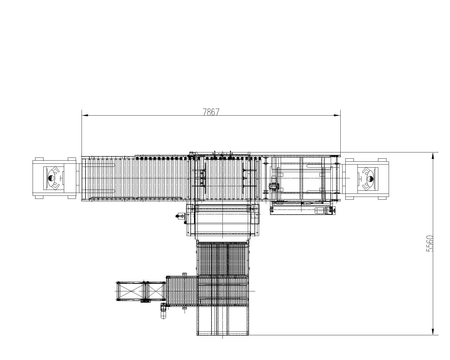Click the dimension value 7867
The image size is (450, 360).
tap(211, 112)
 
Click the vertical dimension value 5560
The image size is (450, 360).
tap(430, 244)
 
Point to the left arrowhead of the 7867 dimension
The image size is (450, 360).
tap(85, 115)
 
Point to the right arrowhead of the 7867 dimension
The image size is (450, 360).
tap(337, 115)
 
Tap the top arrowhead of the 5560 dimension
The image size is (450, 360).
tap(433, 156)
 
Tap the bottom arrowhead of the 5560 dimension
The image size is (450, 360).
tap(433, 332)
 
